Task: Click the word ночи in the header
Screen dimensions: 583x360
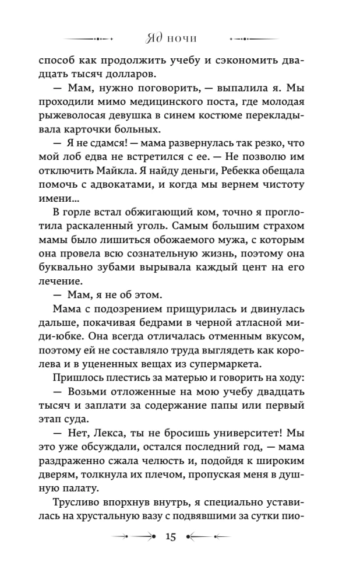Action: (182, 39)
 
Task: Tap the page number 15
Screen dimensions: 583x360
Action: (171, 536)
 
